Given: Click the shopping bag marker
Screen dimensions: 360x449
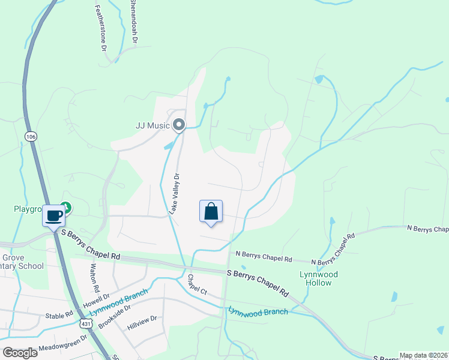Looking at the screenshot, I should click(x=211, y=212).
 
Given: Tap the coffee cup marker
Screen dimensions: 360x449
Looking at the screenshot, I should click(x=54, y=215).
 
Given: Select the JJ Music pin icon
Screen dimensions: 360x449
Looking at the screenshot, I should click(x=178, y=125).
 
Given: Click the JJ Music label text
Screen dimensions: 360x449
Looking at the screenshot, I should click(x=152, y=126).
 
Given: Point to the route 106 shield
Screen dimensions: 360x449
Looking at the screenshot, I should click(x=30, y=137).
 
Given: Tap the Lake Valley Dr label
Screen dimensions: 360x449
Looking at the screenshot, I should click(x=174, y=194).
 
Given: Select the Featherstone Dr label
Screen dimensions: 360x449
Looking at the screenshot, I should click(x=100, y=28).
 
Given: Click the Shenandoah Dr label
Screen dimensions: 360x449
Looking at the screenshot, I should click(x=134, y=22).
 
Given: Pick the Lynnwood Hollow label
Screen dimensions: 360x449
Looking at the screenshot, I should click(x=319, y=278).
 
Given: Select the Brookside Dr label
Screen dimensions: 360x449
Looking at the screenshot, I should click(x=114, y=315).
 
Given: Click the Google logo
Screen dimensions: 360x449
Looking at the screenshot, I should click(x=20, y=352).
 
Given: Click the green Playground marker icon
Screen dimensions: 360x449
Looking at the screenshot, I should click(x=67, y=208).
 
